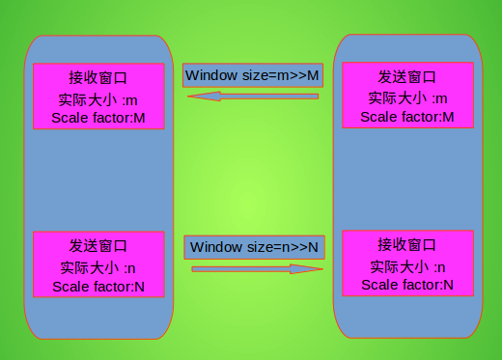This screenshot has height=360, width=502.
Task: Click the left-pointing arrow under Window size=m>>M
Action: coord(253,97)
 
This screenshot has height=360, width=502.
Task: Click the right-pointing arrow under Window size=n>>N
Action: coord(257,269)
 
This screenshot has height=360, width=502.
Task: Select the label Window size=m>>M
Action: coord(252,75)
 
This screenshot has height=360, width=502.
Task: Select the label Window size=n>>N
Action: coord(253,247)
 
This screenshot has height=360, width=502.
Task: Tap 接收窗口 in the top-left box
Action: coord(98,77)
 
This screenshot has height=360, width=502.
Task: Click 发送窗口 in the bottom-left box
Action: coord(98,246)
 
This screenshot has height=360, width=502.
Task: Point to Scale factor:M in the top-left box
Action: coord(98,119)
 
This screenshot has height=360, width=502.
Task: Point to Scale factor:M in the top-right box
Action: coord(406,117)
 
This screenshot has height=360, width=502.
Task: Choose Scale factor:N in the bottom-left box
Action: coord(98,287)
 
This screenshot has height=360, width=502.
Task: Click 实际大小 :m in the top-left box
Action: coord(98,98)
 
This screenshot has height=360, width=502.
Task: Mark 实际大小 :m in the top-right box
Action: coord(406,97)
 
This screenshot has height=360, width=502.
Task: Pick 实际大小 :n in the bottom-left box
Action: coord(98,267)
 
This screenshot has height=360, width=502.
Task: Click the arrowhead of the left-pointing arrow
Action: coord(199,97)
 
